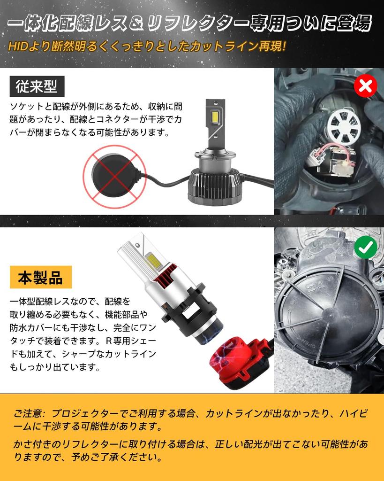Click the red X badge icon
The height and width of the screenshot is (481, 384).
pyautogui.click(x=366, y=86)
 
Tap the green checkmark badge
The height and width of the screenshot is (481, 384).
pyautogui.click(x=365, y=246)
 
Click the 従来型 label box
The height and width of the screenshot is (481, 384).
pyautogui.click(x=37, y=86)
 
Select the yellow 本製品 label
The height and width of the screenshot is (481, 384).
pyautogui.click(x=40, y=277)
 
